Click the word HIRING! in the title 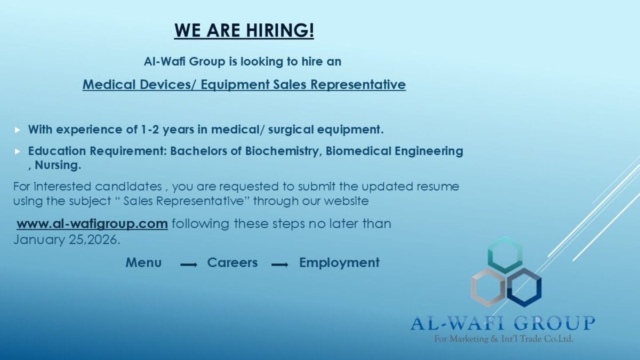[280, 30]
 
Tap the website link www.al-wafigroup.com [92, 223]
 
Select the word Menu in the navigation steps [143, 262]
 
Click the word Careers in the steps [233, 262]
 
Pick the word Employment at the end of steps [339, 262]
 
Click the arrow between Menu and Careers [189, 265]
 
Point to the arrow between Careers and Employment [279, 265]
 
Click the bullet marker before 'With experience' [18, 130]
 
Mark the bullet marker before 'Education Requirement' [18, 151]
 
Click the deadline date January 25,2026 [67, 239]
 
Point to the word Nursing [58, 165]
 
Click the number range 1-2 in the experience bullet [150, 130]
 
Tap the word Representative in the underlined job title [358, 85]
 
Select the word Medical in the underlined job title [109, 85]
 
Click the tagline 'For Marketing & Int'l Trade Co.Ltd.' [503, 339]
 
